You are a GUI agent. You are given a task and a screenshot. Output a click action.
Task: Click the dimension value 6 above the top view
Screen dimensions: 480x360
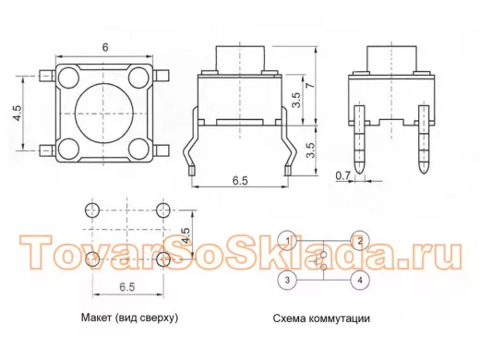click(x=105, y=47)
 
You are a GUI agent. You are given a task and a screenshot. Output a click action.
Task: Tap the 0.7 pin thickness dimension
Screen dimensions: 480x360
click(x=342, y=175)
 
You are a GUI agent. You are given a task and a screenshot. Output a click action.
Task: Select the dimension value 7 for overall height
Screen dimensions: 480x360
click(x=311, y=84)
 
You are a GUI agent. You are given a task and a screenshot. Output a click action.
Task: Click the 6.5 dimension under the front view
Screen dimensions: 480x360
click(x=240, y=181)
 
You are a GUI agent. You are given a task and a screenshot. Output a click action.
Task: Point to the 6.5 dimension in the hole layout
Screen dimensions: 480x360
click(x=127, y=287)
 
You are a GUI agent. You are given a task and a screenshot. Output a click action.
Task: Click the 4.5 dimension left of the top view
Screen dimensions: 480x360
click(x=18, y=113)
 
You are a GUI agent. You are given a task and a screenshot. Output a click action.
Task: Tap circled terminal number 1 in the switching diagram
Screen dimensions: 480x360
click(x=287, y=241)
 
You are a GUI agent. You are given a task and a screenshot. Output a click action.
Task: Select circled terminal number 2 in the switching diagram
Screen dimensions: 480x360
click(x=360, y=241)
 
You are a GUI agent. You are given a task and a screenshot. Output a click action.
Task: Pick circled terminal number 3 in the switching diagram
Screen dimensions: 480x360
click(x=287, y=280)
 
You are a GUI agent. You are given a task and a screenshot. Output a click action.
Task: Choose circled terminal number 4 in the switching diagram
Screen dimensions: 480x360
click(x=360, y=280)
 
